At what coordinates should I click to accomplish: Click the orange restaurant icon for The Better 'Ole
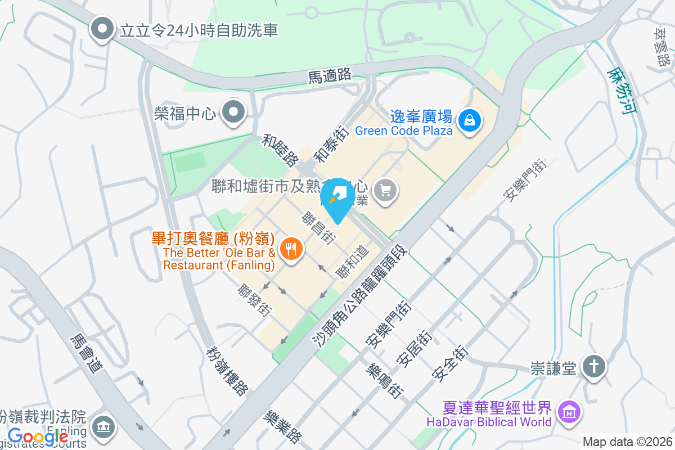click(x=290, y=248)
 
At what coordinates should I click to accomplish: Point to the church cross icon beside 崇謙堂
click(x=593, y=367)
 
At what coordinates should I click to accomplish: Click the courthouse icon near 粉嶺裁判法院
click(x=103, y=427)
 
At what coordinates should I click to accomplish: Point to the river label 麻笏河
click(x=622, y=91)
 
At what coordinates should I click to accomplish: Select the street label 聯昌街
click(x=318, y=227)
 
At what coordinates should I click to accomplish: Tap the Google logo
click(x=38, y=436)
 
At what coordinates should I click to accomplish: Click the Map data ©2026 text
click(x=627, y=442)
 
